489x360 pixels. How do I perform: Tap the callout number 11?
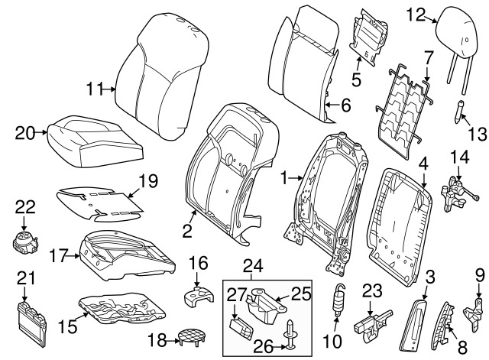point(94,90)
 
